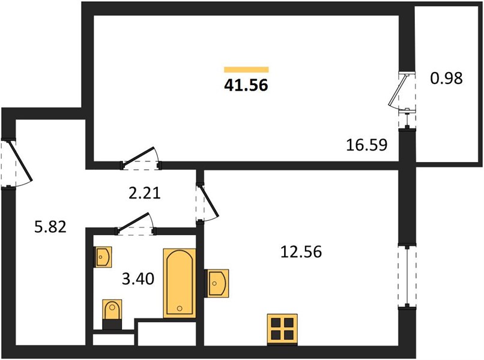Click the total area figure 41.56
[x=246, y=85]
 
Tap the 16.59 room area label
[x=366, y=145]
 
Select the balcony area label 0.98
[x=446, y=78]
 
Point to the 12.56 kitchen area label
[x=301, y=251]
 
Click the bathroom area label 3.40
[x=138, y=279]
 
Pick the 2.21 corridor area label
[x=145, y=193]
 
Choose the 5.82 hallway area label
[x=50, y=227]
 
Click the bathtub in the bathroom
[x=180, y=283]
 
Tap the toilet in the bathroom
[x=112, y=314]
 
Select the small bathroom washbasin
[x=103, y=257]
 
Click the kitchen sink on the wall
[x=217, y=283]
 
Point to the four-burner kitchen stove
[x=282, y=329]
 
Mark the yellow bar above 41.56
[x=246, y=70]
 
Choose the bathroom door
[x=135, y=223]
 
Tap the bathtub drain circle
[x=180, y=308]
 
